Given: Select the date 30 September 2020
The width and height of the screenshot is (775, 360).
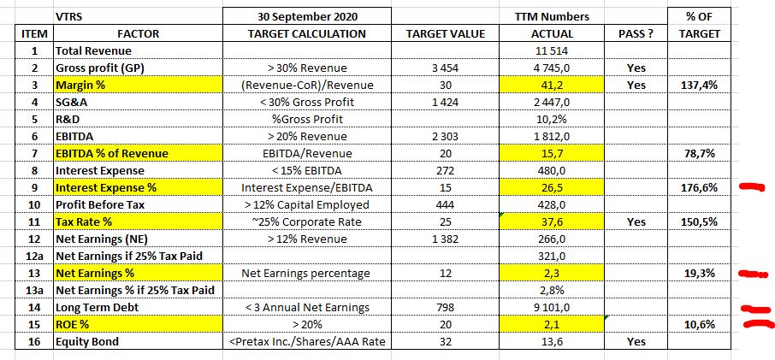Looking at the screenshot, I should click(x=305, y=16).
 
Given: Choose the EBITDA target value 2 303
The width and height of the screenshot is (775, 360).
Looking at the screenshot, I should click(x=444, y=136).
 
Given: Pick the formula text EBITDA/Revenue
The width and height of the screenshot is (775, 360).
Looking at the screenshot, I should click(x=305, y=153).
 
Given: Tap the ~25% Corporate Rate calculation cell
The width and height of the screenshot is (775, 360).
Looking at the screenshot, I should click(x=305, y=221).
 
